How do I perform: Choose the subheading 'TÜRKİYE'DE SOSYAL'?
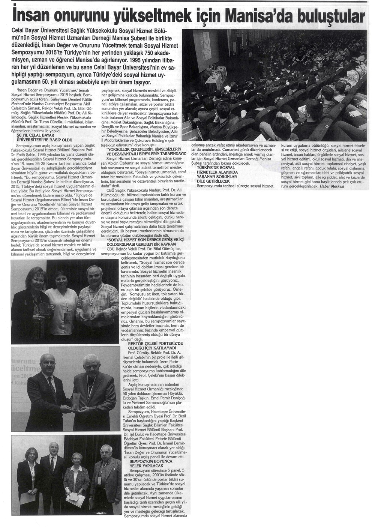[x=217, y=167]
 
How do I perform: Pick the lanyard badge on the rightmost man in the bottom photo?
[x=99, y=480]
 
